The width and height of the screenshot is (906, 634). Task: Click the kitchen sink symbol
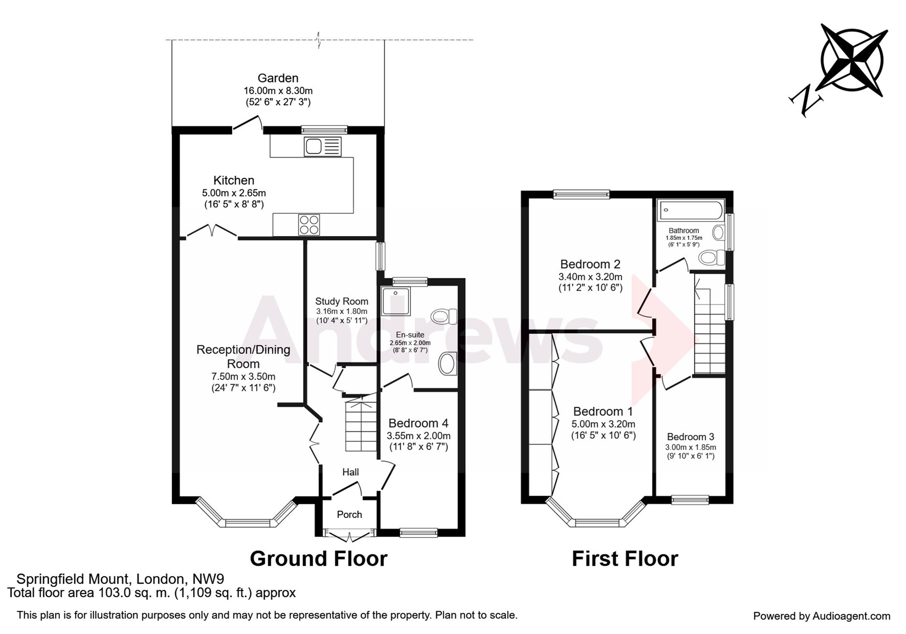323,147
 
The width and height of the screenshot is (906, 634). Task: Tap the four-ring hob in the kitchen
309,225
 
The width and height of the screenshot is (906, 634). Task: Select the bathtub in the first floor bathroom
690,210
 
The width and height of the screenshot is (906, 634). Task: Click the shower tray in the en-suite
396,301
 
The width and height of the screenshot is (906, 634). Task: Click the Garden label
278,78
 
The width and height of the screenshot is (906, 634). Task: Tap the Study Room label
342,301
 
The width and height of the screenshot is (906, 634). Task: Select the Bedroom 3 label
690,437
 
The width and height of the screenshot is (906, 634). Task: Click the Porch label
349,515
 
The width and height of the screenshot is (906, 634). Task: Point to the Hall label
350,472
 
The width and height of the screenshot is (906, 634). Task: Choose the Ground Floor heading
319,559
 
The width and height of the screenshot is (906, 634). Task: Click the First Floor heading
625,559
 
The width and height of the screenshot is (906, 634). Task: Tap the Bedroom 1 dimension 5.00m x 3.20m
603,424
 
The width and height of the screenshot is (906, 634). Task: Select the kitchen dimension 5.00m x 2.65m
234,193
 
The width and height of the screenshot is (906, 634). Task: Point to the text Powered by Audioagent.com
822,616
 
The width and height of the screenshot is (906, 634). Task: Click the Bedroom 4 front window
419,533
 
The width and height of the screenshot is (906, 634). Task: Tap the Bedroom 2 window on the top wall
581,194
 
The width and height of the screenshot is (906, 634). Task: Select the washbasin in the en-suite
447,364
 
